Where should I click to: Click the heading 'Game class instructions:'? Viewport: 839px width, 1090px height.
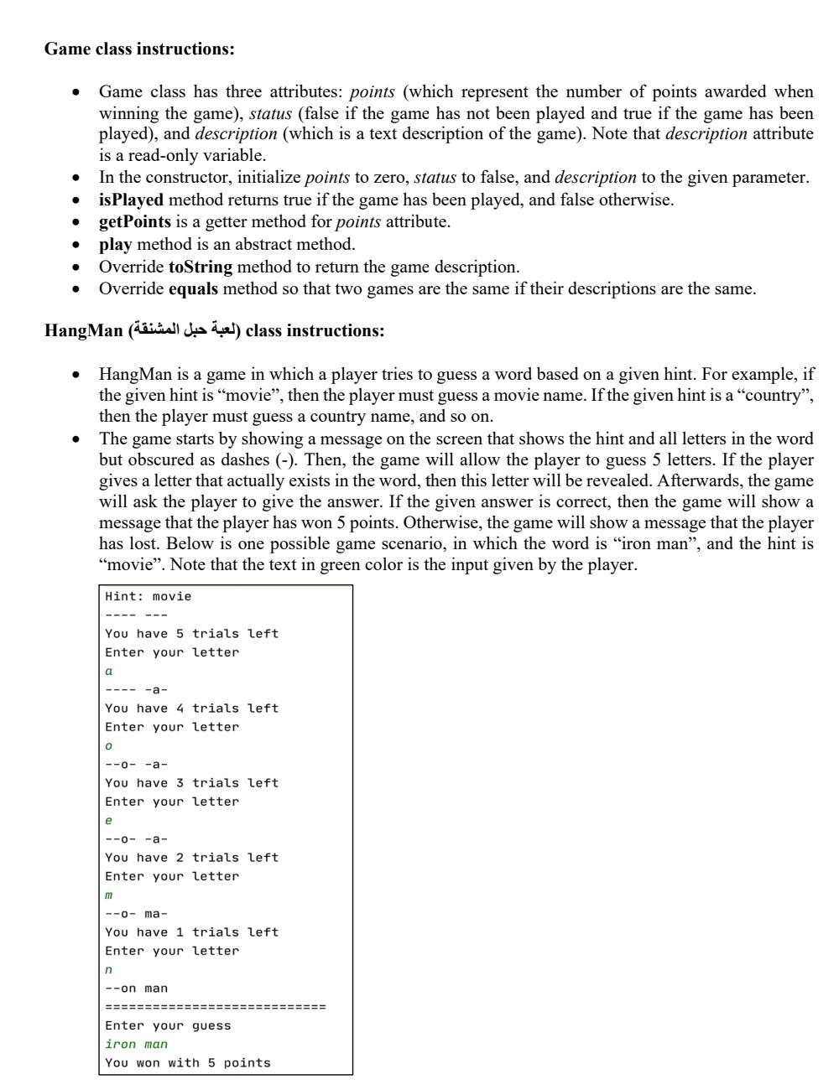[x=139, y=49]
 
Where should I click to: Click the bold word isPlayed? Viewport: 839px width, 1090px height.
[x=131, y=200]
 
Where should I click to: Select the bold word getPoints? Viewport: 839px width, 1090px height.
[x=134, y=222]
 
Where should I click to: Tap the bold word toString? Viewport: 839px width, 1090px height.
[x=201, y=267]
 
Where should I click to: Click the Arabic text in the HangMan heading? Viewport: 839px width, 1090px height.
[x=185, y=330]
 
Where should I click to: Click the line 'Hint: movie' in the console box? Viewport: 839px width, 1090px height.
[x=149, y=596]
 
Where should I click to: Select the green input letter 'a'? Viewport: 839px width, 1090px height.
[x=109, y=671]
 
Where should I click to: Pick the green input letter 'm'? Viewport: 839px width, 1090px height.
[x=109, y=895]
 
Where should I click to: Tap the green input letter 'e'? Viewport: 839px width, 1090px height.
[x=109, y=820]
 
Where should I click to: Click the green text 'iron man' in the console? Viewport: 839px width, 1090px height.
[x=136, y=1044]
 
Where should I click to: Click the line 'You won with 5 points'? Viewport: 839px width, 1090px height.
[x=188, y=1062]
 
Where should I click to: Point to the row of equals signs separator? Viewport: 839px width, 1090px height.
[x=216, y=1006]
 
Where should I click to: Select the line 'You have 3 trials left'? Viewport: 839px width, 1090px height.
[x=191, y=782]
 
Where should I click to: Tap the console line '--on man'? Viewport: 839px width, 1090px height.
[x=136, y=988]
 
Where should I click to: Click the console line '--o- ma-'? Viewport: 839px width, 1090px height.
[x=136, y=913]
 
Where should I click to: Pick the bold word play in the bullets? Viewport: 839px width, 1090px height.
[x=115, y=244]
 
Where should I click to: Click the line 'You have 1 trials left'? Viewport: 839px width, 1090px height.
[x=191, y=932]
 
